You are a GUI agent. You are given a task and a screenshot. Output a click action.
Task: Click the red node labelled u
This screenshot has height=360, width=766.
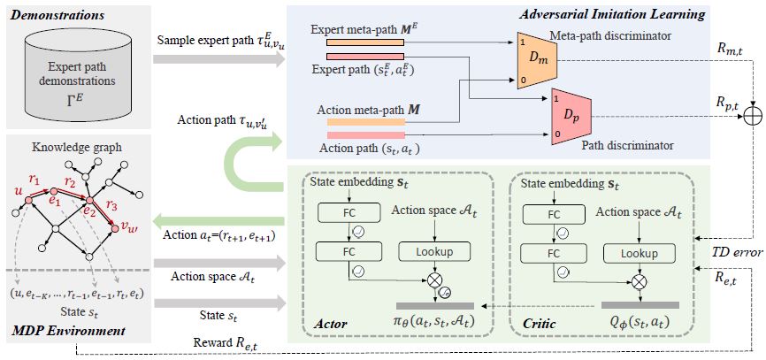click(x=27, y=200)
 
